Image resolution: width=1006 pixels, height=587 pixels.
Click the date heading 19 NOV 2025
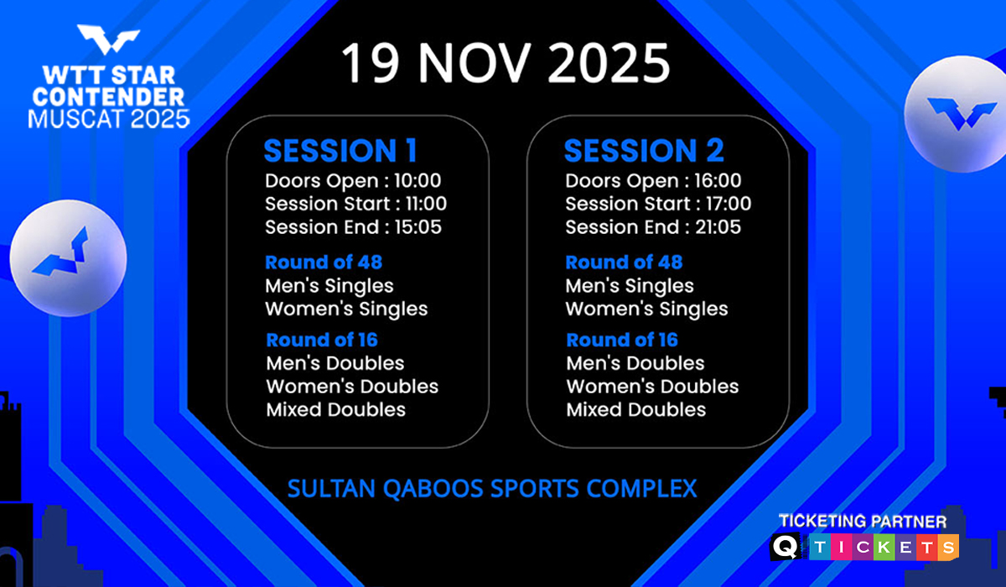[506, 62]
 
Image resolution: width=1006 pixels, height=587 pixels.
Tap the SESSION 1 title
[341, 150]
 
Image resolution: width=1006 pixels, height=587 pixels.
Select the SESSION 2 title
[644, 150]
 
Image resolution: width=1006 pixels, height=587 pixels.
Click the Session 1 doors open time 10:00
[417, 180]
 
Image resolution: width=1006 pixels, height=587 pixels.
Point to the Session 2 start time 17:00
[729, 204]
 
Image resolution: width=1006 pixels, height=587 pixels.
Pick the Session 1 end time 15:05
[418, 227]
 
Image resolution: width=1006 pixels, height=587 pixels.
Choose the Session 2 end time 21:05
[718, 227]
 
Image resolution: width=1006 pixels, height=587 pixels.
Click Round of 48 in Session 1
[324, 262]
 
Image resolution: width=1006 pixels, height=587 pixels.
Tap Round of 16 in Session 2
[622, 340]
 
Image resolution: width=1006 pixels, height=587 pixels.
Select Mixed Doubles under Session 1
[336, 409]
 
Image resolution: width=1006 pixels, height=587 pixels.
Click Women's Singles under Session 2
[646, 309]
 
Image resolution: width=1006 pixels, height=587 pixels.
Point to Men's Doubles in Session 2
[635, 363]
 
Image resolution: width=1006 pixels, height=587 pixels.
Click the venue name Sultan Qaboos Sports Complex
[492, 489]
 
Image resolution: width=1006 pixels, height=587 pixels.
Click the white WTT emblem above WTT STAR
[108, 39]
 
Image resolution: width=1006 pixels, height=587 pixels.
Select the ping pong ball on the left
[68, 258]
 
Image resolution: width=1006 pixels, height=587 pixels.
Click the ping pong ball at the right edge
[956, 114]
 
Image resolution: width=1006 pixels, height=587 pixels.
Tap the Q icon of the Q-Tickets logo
[786, 547]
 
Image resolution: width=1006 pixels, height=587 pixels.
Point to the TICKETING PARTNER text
[863, 522]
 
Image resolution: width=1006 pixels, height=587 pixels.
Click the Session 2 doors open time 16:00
[718, 180]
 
